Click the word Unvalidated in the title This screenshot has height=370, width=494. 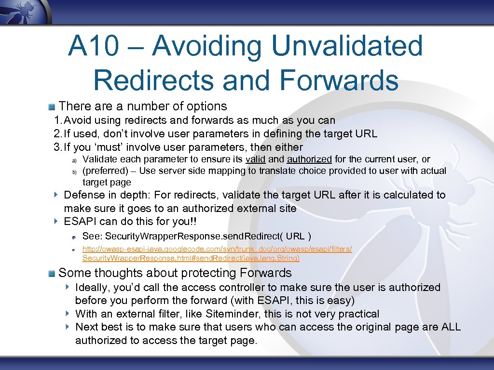click(x=347, y=46)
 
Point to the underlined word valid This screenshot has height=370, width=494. click(x=255, y=159)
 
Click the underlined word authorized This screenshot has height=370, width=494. click(x=309, y=159)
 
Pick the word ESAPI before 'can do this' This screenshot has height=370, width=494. click(x=80, y=222)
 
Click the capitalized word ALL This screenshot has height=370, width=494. click(x=451, y=327)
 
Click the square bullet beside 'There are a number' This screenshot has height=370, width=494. click(x=51, y=106)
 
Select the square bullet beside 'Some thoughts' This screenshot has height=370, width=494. click(x=51, y=273)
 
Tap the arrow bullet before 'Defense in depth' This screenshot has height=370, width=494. click(x=56, y=195)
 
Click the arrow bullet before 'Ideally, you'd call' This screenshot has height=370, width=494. click(x=68, y=287)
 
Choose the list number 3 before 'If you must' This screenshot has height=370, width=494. click(x=56, y=147)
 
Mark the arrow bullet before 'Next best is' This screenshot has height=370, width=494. click(x=68, y=327)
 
